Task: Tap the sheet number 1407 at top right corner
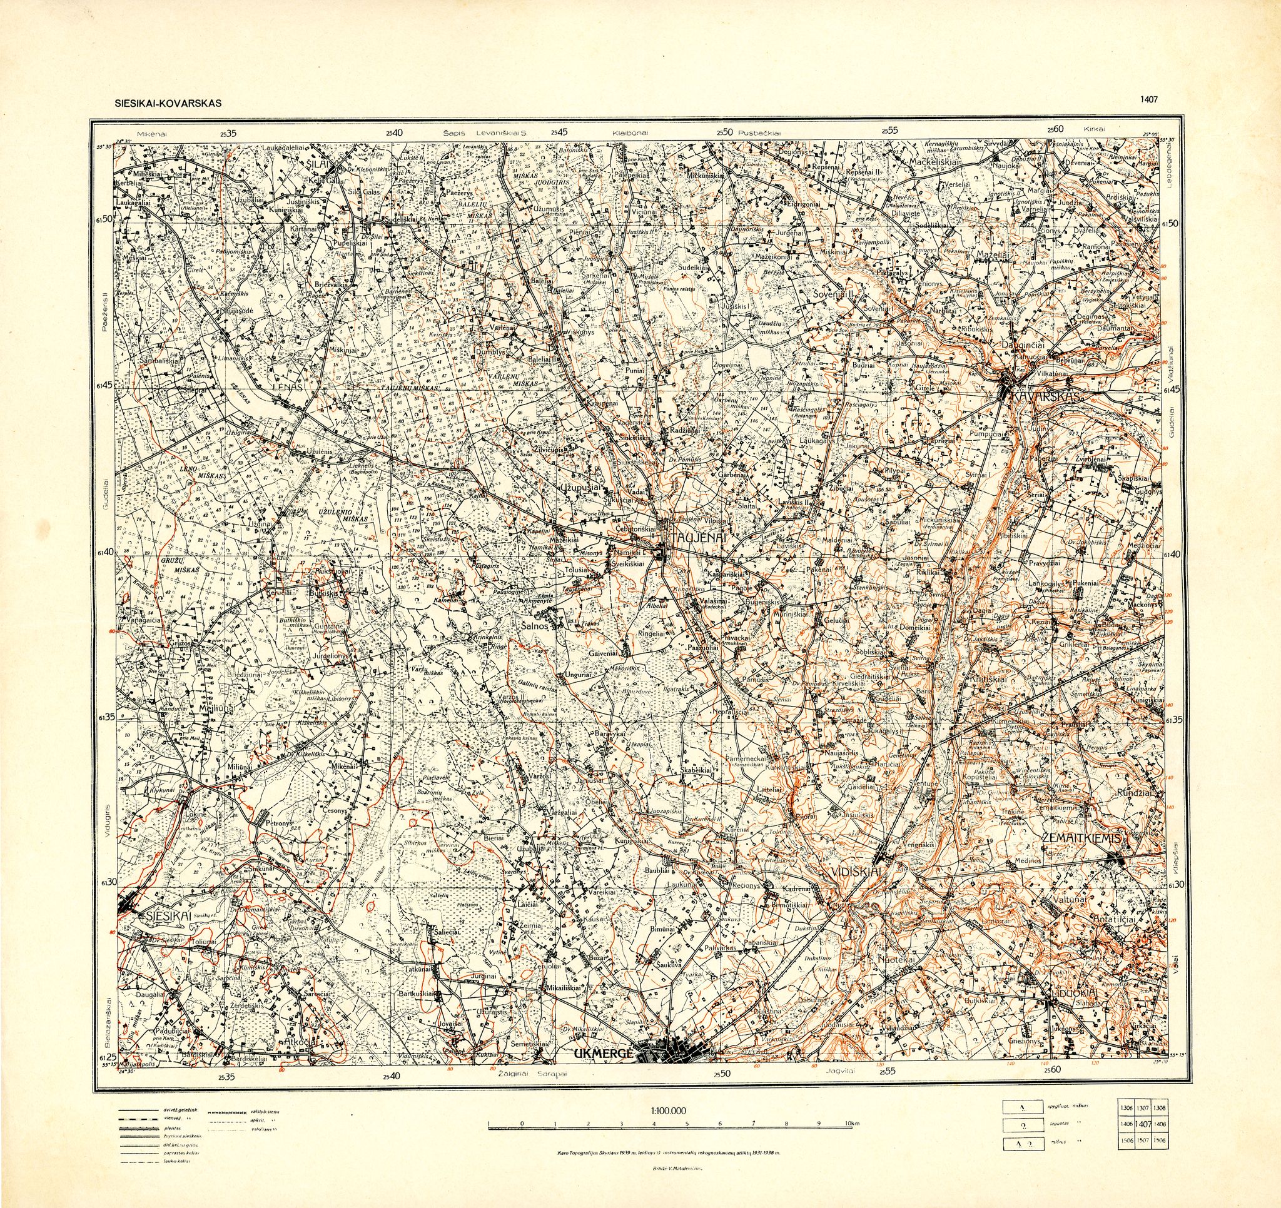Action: coord(1149,99)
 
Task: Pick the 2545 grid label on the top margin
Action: coord(559,132)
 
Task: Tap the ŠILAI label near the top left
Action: coord(318,164)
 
